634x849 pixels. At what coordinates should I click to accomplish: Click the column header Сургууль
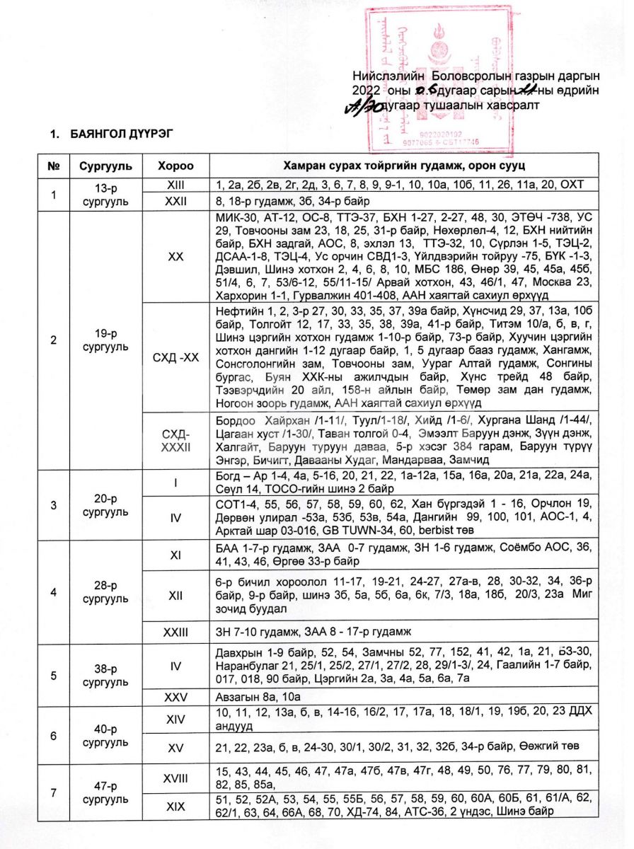pyautogui.click(x=104, y=167)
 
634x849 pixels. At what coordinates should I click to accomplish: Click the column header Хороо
pyautogui.click(x=174, y=167)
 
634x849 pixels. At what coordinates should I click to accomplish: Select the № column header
pyautogui.click(x=53, y=167)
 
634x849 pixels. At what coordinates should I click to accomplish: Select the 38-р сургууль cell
pyautogui.click(x=104, y=677)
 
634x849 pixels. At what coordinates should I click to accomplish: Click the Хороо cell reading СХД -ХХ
pyautogui.click(x=174, y=360)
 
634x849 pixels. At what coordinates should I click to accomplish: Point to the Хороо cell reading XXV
pyautogui.click(x=174, y=697)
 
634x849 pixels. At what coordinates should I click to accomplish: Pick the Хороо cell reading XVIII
pyautogui.click(x=174, y=777)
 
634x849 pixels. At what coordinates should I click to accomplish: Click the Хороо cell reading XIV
pyautogui.click(x=174, y=720)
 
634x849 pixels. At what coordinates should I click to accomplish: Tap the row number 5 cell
pyautogui.click(x=53, y=677)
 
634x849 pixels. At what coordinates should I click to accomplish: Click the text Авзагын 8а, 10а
pyautogui.click(x=249, y=697)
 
